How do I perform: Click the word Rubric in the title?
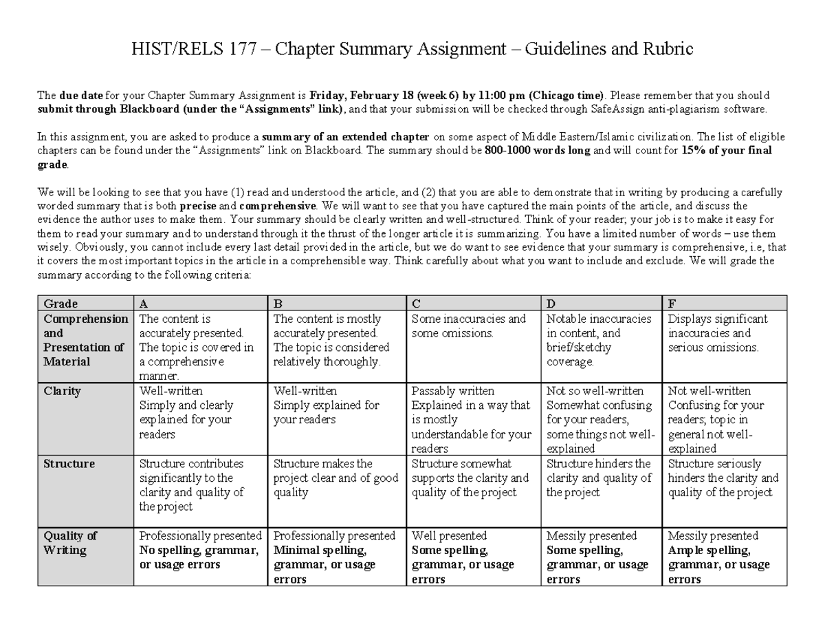click(668, 50)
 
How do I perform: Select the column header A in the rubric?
click(144, 304)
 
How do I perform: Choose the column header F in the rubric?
click(672, 304)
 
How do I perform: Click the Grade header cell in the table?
click(60, 304)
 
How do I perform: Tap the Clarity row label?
click(63, 391)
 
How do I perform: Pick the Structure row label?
click(69, 464)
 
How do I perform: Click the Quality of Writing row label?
click(70, 543)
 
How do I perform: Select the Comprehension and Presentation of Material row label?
click(85, 340)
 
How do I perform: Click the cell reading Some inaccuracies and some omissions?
click(468, 326)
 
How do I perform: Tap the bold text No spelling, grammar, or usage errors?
click(199, 557)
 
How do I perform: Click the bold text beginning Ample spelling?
click(718, 564)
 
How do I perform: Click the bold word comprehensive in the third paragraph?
click(277, 205)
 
